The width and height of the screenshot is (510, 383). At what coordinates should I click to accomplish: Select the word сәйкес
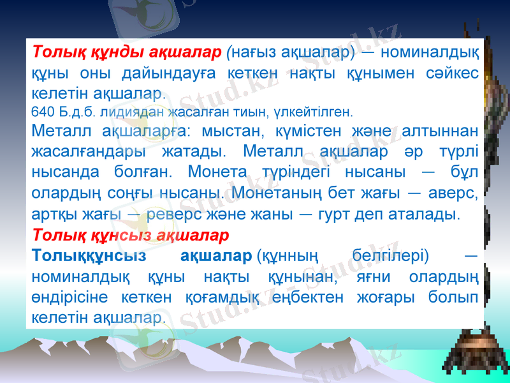coord(452,73)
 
